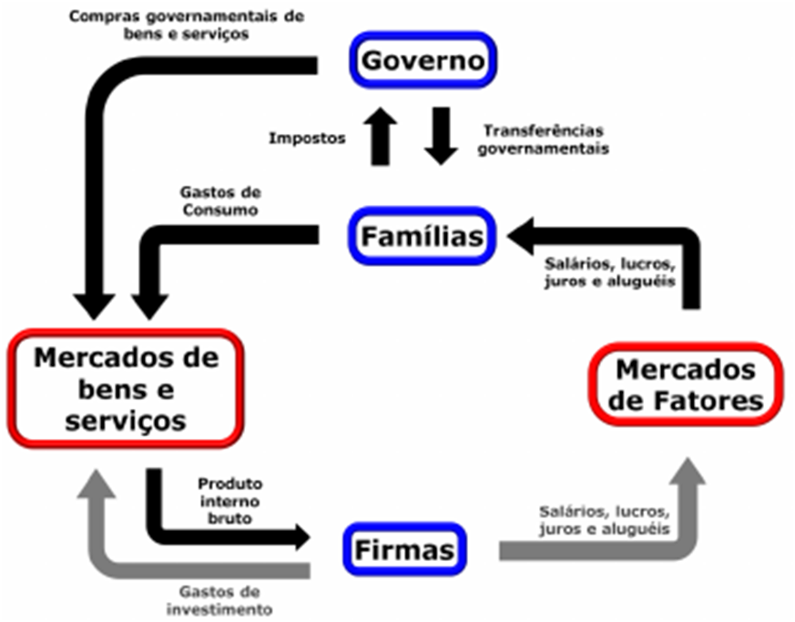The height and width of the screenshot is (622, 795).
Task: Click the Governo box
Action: pyautogui.click(x=423, y=62)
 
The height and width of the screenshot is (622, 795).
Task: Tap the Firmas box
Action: pyautogui.click(x=404, y=550)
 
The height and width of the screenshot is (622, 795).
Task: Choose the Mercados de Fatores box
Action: pyautogui.click(x=685, y=384)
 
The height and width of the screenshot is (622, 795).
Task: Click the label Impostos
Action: pyautogui.click(x=307, y=138)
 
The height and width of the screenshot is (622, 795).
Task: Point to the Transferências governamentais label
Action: pyautogui.click(x=545, y=138)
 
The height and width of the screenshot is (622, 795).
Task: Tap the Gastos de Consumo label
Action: pyautogui.click(x=221, y=200)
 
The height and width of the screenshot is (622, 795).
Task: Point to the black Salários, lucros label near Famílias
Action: pyautogui.click(x=609, y=272)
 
